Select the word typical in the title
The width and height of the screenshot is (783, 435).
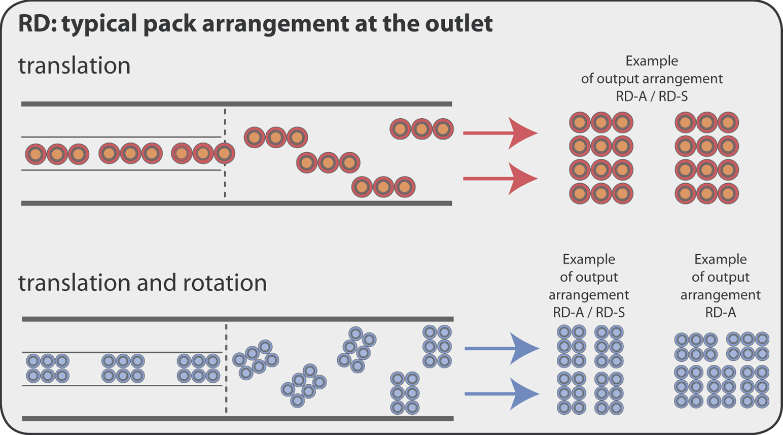click(99, 24)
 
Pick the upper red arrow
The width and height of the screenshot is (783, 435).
click(500, 133)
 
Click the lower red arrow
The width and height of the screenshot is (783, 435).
click(500, 179)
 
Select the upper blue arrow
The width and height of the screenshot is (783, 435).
click(502, 348)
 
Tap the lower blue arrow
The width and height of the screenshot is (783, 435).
click(502, 394)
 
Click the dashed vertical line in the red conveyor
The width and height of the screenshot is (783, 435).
click(225, 153)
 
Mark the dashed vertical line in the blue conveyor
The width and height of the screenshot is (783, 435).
click(226, 369)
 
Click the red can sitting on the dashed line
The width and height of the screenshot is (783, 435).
click(225, 153)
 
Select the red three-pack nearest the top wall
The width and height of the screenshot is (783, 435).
click(421, 129)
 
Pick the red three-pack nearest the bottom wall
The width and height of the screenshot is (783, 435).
click(383, 187)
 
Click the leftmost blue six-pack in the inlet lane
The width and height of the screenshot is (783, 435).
click(48, 368)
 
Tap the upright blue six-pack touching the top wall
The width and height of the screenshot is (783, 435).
click(437, 347)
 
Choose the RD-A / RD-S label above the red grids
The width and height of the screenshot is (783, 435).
click(652, 96)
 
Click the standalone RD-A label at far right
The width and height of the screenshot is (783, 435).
click(721, 313)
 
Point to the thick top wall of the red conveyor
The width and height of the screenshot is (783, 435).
click(237, 104)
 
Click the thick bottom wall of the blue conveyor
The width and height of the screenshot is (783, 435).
click(238, 419)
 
